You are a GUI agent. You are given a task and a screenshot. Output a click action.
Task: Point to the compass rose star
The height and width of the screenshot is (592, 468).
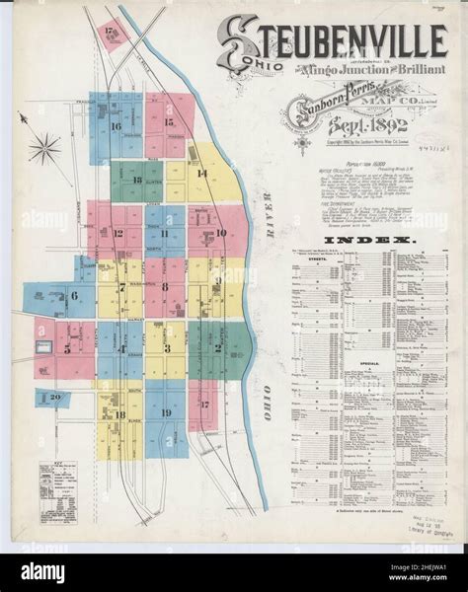43,150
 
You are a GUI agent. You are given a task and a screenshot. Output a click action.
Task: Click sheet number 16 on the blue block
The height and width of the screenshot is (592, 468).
116,126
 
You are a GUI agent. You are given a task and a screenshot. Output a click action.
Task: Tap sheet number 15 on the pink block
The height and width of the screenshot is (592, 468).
169,122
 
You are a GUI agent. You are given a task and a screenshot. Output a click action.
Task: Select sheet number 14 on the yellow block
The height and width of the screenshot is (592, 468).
201,174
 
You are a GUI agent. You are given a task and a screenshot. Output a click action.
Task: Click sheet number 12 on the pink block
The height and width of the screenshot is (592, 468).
118,234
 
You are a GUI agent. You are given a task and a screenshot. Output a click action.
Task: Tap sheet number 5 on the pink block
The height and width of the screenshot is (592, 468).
67,348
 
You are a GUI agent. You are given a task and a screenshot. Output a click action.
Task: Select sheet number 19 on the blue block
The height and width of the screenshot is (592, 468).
166,412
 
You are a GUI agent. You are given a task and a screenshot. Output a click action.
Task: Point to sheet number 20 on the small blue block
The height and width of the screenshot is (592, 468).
54,398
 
